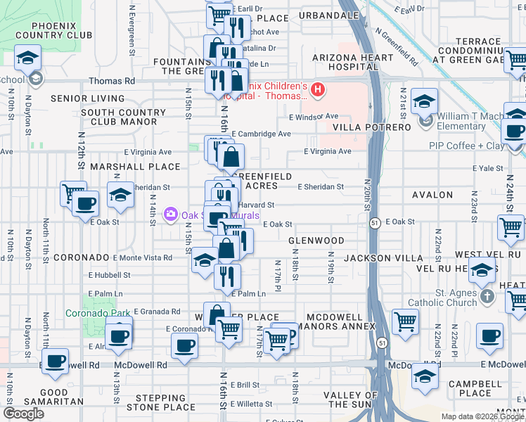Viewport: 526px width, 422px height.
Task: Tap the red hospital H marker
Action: tap(318, 89)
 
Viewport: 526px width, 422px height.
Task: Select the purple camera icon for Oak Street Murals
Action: tap(170, 214)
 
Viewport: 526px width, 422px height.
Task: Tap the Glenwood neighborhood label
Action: tap(316, 241)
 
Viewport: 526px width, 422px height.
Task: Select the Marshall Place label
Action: tap(136, 167)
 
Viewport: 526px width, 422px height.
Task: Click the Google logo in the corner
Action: tap(24, 414)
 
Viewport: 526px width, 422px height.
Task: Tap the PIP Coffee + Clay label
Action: tap(466, 146)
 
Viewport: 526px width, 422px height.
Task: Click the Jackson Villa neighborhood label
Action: tap(373, 259)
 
